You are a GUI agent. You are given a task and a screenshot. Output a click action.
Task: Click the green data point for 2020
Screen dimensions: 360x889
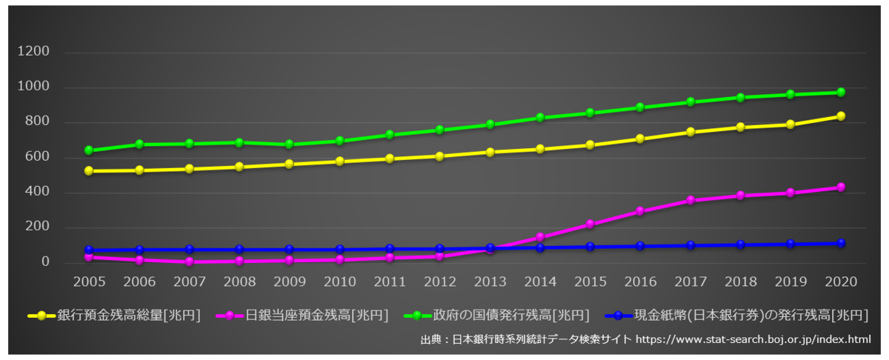(x=841, y=93)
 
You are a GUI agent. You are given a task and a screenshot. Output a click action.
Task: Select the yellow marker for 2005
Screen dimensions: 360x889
(x=89, y=171)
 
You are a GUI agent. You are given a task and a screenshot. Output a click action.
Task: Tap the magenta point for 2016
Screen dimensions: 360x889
(x=640, y=211)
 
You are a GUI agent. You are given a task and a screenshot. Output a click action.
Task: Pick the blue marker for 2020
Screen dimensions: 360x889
(x=841, y=243)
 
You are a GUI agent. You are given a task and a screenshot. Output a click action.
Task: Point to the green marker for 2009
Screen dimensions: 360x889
(x=290, y=144)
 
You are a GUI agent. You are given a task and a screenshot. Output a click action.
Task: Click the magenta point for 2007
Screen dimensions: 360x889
(x=189, y=261)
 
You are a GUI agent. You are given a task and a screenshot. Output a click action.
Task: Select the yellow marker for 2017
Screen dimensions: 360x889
(x=690, y=132)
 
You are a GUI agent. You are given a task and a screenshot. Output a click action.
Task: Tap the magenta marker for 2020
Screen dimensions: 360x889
(x=841, y=187)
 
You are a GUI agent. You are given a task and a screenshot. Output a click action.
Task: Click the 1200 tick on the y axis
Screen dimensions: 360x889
(x=35, y=52)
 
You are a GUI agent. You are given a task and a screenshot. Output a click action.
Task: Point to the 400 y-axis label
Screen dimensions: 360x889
(x=38, y=192)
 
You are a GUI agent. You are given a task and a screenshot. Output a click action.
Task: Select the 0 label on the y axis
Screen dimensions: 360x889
(x=46, y=261)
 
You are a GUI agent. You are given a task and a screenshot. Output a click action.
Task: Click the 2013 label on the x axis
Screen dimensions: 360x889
(x=490, y=282)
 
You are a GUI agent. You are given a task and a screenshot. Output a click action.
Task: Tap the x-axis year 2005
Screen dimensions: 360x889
(x=89, y=282)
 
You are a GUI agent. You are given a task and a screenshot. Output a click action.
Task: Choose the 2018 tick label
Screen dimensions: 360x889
(x=741, y=282)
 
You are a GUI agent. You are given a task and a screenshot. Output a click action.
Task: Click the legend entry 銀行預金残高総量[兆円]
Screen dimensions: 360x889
(x=128, y=316)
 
